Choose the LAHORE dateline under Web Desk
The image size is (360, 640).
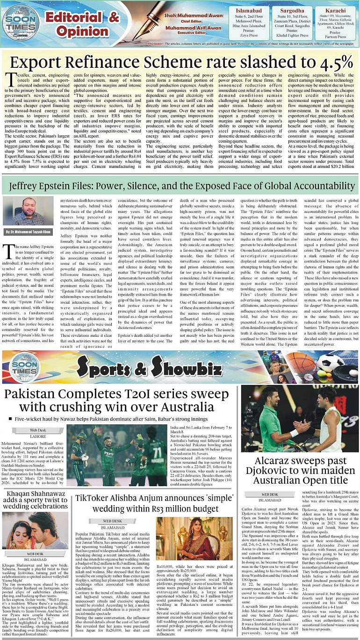[x=38, y=436]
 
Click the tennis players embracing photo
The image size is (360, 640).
[x=300, y=419]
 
